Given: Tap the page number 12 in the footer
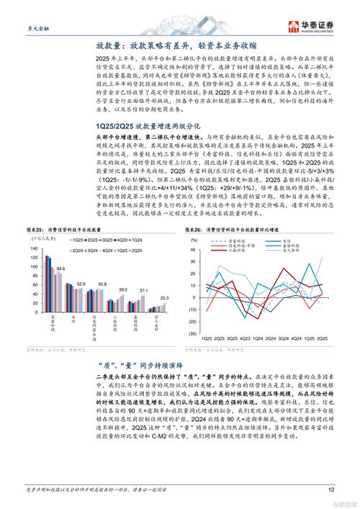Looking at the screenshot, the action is tap(331, 490).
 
